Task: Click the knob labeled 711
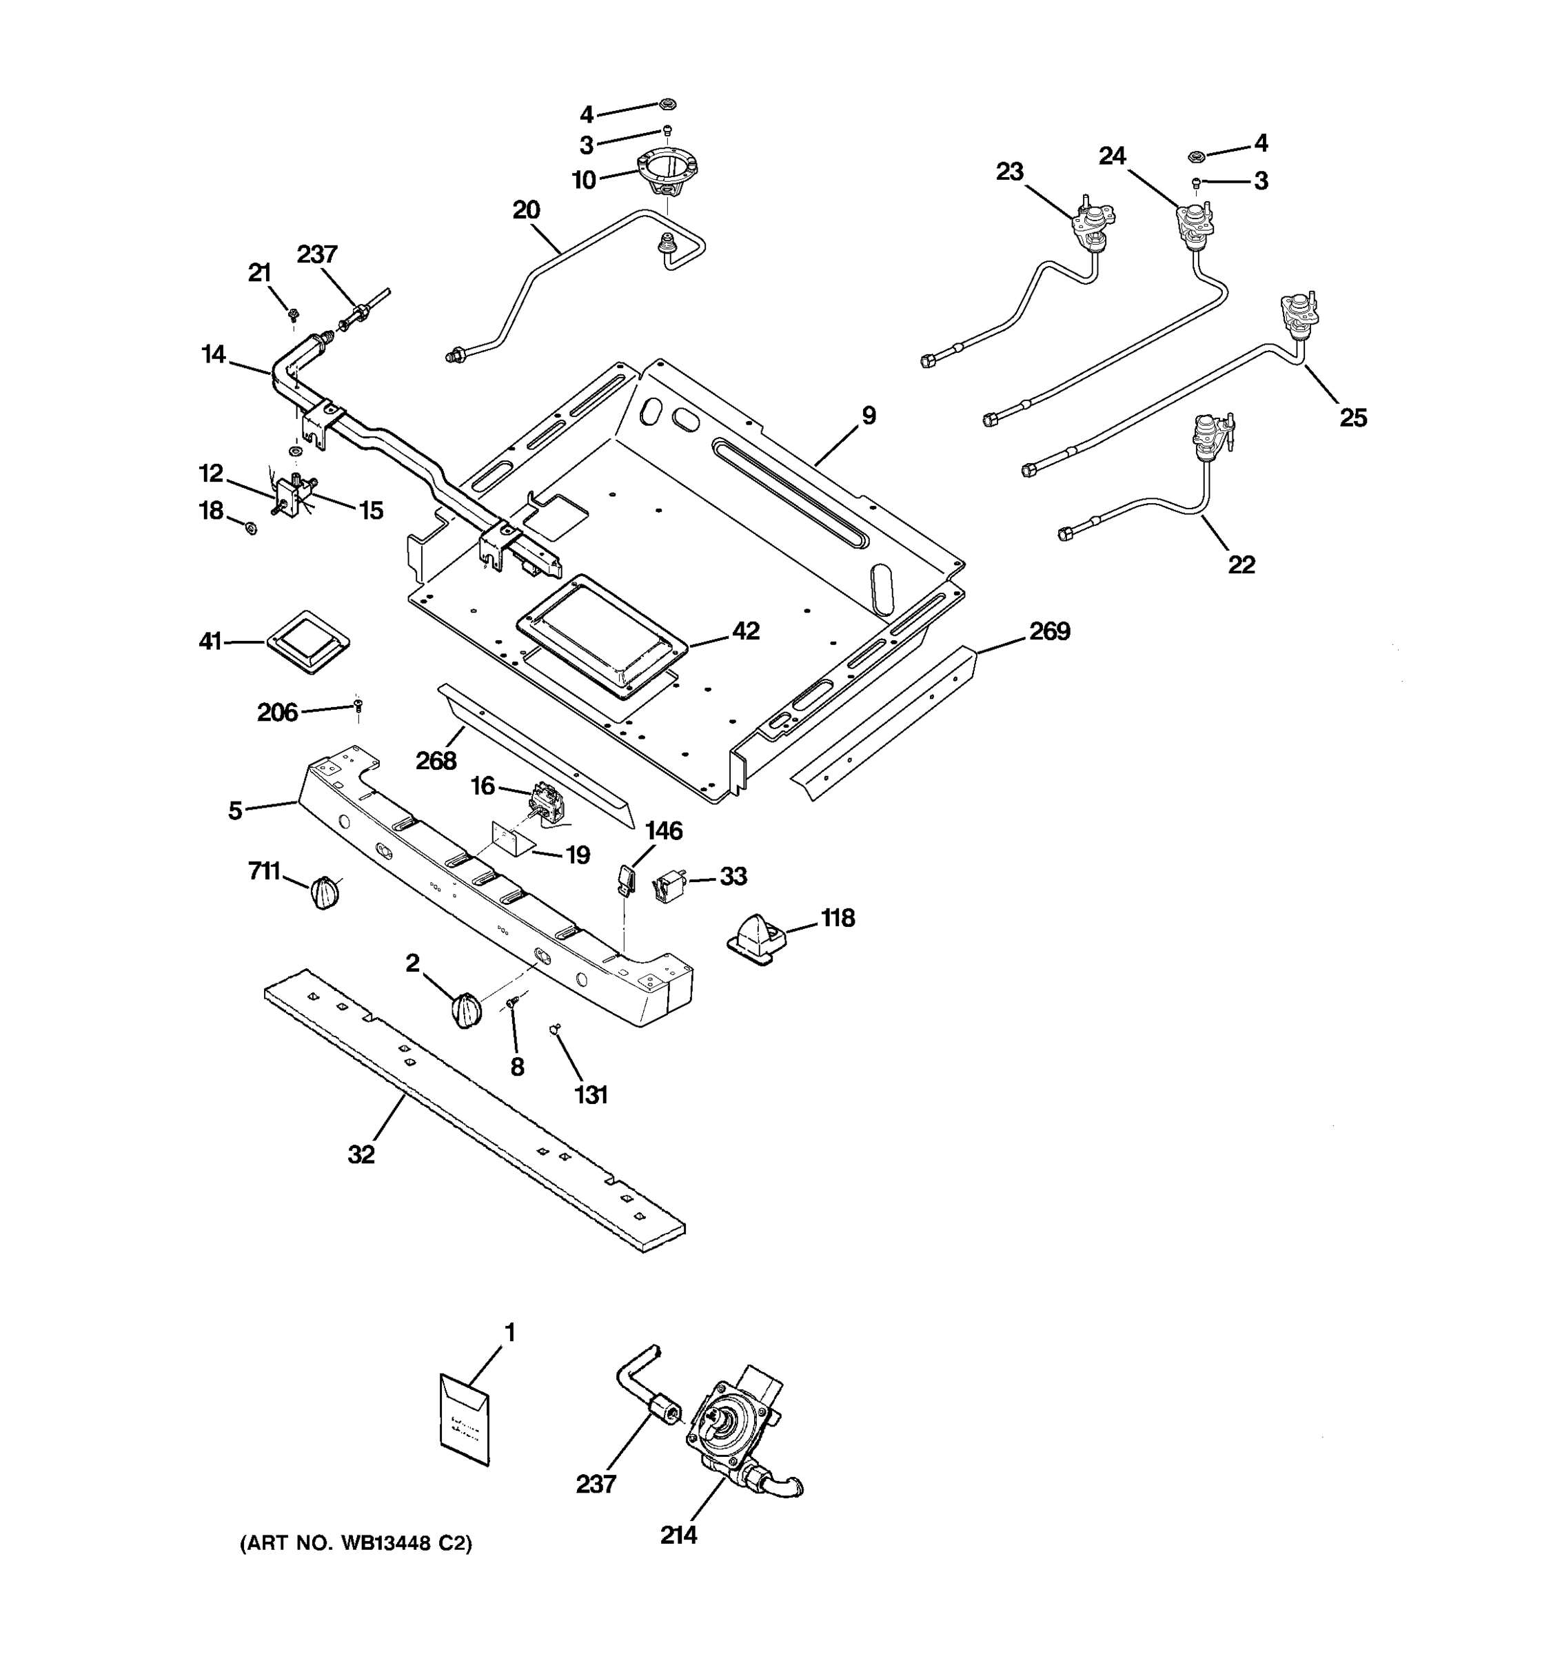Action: [324, 892]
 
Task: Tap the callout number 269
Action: [1049, 631]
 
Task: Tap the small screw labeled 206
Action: [358, 706]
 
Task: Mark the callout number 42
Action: [746, 631]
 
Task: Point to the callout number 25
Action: [1353, 417]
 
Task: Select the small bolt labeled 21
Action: [294, 314]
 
